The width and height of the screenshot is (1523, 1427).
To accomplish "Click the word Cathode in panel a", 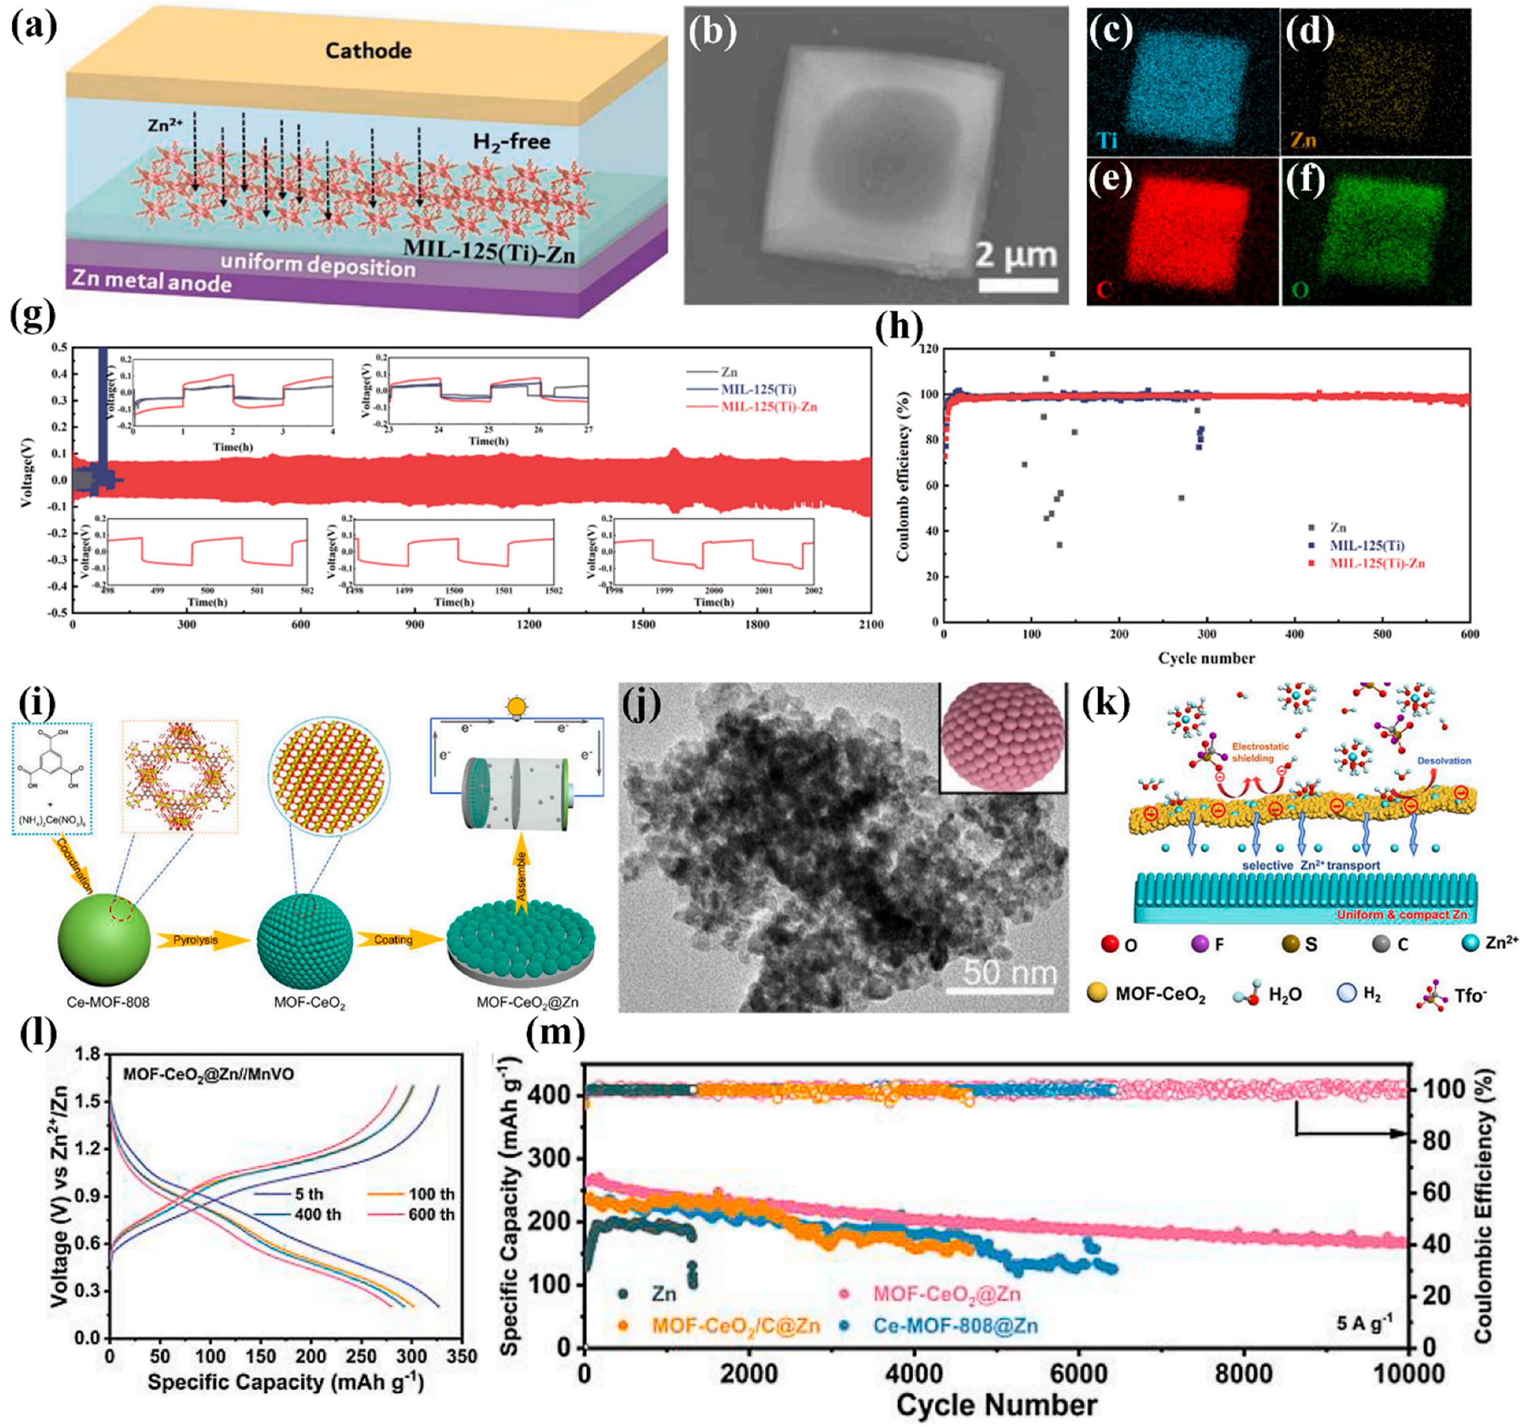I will pos(368,51).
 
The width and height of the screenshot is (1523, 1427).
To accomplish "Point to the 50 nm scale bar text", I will pos(1010,973).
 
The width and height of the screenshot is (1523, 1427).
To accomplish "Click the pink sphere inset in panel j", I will pos(1002,736).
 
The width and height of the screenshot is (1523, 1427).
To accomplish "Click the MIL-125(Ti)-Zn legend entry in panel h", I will pos(1377,564).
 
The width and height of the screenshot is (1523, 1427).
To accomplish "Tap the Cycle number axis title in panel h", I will pos(1206,657).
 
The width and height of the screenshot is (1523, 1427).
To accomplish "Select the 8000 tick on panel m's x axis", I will pos(1243,1373).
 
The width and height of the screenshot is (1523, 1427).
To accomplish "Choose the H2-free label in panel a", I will pos(512,142).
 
